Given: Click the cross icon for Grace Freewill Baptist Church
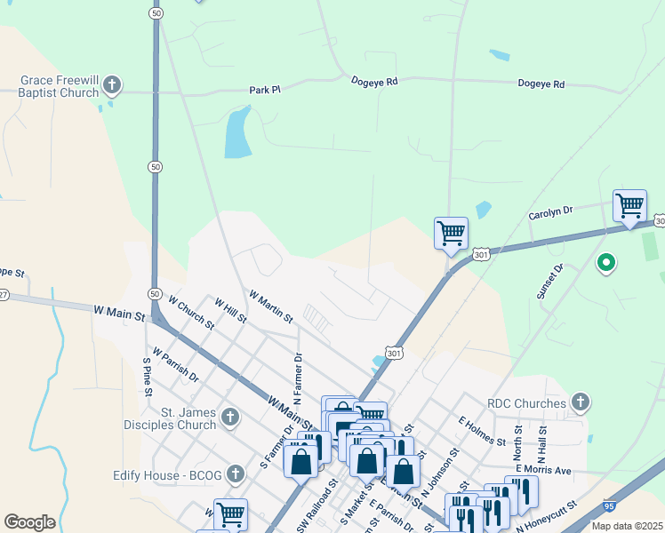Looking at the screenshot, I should point(112,85).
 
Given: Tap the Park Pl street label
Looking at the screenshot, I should point(265,90).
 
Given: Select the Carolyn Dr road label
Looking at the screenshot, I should point(551,211).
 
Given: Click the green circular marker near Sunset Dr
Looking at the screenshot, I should point(606,263).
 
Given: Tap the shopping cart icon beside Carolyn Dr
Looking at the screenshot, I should point(629,206).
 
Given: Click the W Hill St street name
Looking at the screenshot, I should point(230,311).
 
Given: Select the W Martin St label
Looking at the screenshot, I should point(271,306).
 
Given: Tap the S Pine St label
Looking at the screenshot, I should point(148,377).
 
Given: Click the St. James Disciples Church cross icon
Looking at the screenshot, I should point(230,417).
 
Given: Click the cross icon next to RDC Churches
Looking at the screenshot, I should point(580,403).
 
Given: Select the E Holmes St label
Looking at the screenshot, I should point(482,430).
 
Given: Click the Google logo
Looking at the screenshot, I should point(29,522).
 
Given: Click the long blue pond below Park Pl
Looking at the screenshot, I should point(237,133).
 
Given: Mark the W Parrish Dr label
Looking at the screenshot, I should point(175,364).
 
